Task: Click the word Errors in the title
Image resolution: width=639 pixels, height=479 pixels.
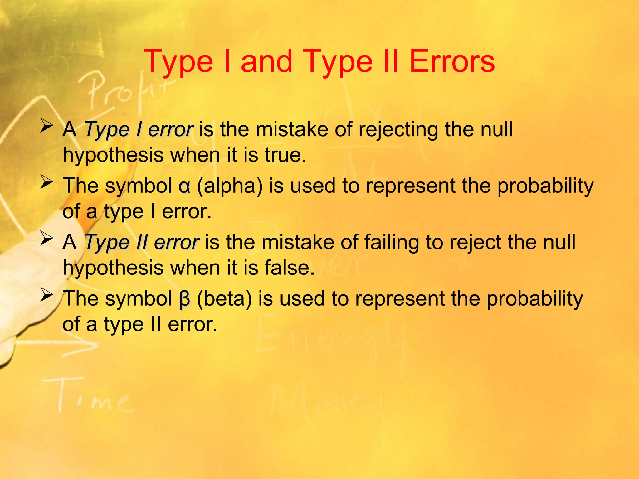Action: point(451,62)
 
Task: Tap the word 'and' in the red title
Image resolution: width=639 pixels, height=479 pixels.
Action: point(266,62)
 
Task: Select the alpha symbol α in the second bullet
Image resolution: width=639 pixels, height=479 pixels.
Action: point(184,186)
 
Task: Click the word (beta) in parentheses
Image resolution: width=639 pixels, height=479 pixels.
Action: point(224,299)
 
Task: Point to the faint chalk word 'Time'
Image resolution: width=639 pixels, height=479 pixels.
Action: point(94,396)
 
